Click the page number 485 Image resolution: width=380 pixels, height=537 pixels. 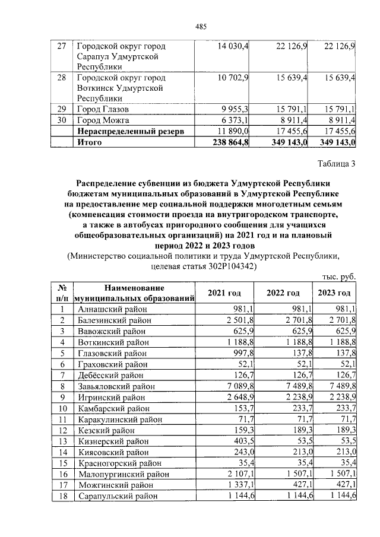pyautogui.click(x=201, y=26)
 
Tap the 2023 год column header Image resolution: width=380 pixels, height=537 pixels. pyautogui.click(x=334, y=293)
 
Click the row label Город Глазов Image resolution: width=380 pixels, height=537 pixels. pyautogui.click(x=103, y=109)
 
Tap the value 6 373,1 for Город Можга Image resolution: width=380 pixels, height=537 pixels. pyautogui.click(x=236, y=120)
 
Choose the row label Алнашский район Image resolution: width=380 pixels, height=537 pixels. pyautogui.click(x=112, y=309)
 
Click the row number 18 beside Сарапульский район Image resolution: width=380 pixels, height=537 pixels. pyautogui.click(x=61, y=496)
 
